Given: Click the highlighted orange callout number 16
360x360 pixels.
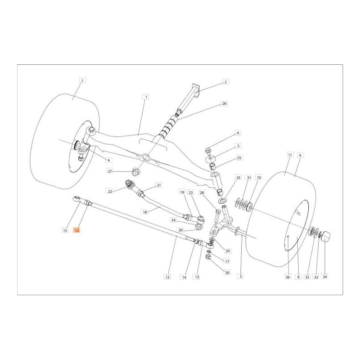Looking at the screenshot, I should pos(77,230).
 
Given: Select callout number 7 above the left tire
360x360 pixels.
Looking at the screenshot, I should pos(82,81).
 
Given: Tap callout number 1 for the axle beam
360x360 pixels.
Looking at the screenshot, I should pos(145,97).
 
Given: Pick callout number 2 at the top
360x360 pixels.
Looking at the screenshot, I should pos(226,82).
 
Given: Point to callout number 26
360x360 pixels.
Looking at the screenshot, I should pos(225,103).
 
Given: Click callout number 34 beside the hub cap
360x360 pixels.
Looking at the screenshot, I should pos(324,277).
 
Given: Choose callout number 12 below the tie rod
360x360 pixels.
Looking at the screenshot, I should pos(167,277).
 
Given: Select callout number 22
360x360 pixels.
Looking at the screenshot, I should pos(109,191).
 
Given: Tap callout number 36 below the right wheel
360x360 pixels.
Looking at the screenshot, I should pos(287,277).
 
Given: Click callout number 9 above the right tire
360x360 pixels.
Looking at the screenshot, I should pos(301,155).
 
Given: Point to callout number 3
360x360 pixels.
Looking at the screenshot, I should pos(241,277).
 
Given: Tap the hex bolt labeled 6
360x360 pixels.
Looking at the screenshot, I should pos(208,150).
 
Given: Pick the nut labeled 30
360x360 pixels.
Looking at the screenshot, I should pos(209,257).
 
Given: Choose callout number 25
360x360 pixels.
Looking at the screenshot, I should pos(239,158).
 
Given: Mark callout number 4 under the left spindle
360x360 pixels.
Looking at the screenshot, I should pos(108,160).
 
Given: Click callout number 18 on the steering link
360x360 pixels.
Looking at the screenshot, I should pos(145,211).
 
